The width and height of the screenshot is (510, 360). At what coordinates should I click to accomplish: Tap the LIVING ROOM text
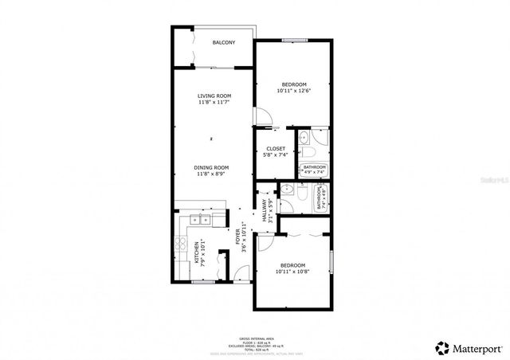click(x=214, y=96)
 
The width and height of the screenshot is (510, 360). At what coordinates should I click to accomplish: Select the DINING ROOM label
click(x=212, y=167)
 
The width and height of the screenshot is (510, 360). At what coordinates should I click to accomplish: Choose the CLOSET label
click(x=276, y=148)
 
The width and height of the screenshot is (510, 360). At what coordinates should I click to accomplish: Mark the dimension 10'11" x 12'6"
click(x=292, y=91)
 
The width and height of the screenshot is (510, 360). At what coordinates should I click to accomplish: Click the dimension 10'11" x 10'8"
click(x=292, y=272)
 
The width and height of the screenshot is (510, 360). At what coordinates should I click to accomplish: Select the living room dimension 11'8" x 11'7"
click(x=214, y=103)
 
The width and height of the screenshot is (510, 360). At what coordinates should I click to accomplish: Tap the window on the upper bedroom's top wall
click(x=294, y=40)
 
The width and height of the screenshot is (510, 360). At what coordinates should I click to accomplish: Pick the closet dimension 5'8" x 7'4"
click(x=276, y=155)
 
